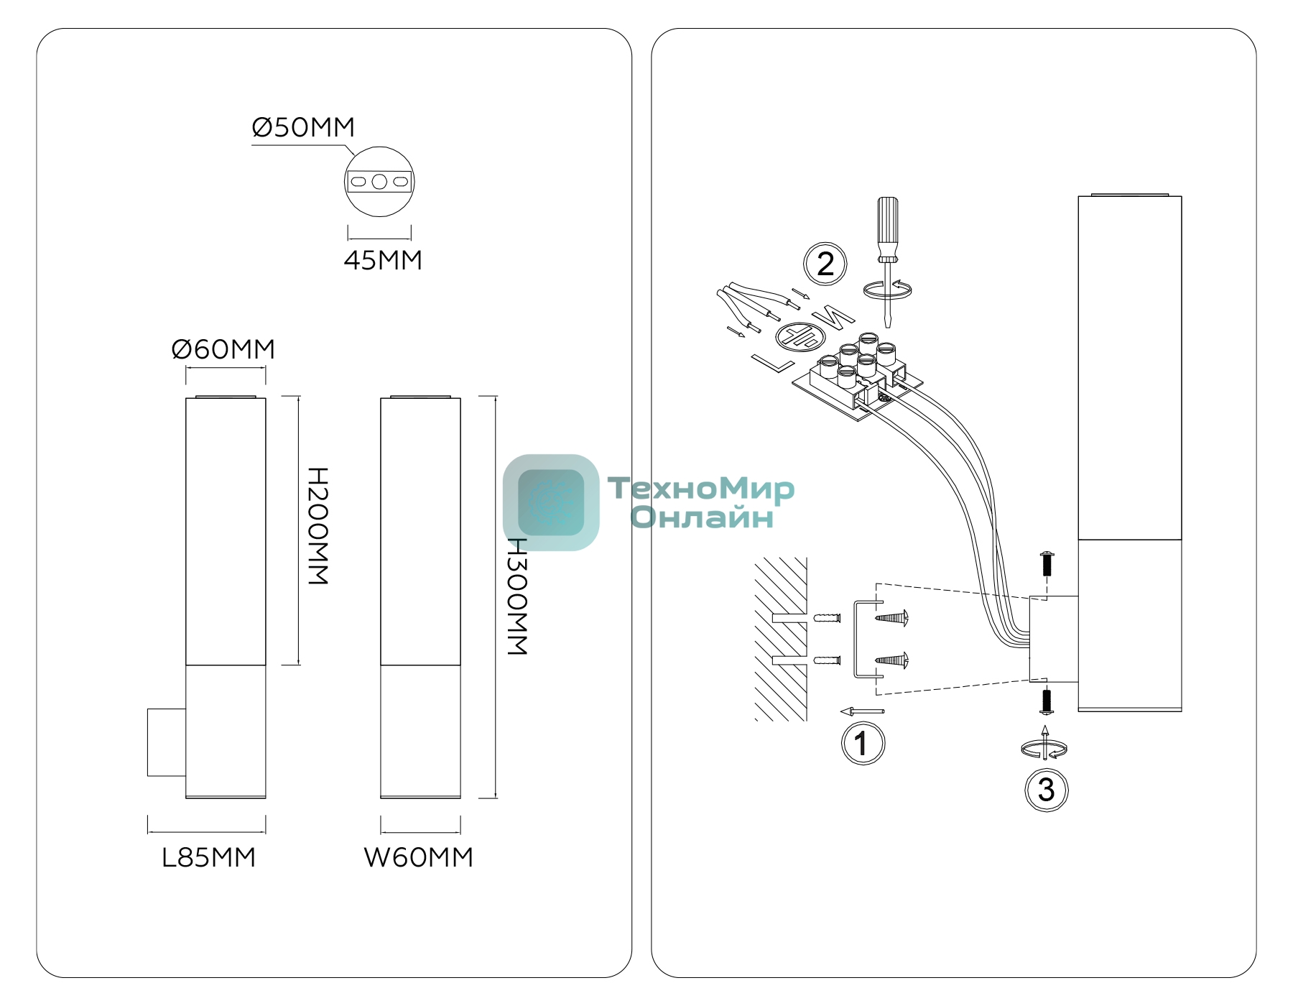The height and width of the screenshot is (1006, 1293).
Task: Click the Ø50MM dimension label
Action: (x=303, y=127)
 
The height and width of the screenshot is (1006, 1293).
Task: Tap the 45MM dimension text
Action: (x=383, y=260)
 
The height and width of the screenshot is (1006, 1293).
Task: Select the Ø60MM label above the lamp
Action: (x=223, y=349)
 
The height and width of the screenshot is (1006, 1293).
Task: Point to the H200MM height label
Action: (x=318, y=526)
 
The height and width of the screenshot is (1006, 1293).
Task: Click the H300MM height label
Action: (x=517, y=596)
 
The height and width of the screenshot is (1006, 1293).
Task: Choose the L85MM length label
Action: (x=208, y=857)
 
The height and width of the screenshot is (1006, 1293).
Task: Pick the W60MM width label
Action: (x=419, y=857)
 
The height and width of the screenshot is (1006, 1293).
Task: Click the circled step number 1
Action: (x=863, y=743)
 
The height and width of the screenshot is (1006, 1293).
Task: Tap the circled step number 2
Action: (x=825, y=264)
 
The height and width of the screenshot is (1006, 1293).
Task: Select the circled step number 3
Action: (x=1046, y=790)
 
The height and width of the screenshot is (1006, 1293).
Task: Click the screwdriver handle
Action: (x=888, y=229)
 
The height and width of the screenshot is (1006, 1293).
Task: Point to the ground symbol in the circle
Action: (x=796, y=336)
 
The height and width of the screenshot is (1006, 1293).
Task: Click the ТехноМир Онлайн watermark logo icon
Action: (x=551, y=502)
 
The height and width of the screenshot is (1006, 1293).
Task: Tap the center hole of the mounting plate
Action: (x=379, y=182)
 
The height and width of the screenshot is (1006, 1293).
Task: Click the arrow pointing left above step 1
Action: (x=862, y=712)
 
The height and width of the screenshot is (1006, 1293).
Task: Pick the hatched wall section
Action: (x=781, y=639)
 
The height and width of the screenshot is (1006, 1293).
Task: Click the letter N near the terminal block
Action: (x=833, y=315)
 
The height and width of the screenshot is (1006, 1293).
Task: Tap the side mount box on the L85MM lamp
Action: (x=167, y=742)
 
